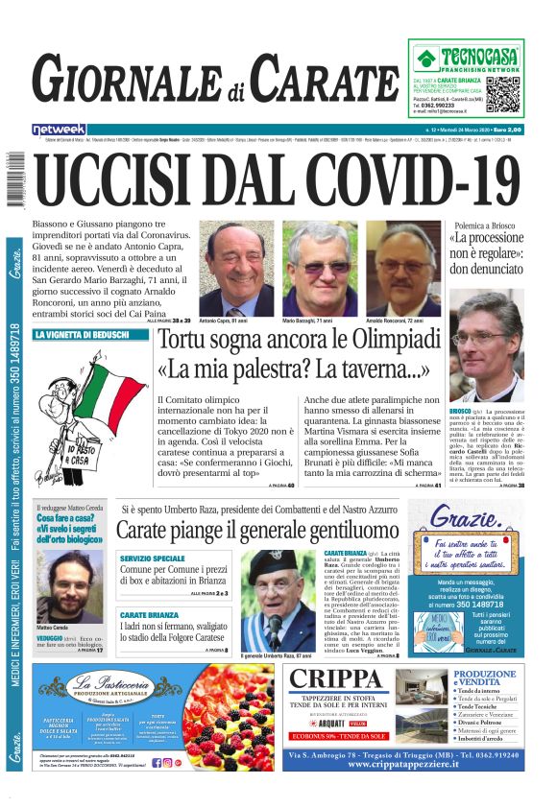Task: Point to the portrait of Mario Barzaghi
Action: (x=319, y=270)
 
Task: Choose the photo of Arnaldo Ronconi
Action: (x=401, y=270)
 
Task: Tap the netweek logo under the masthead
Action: (x=59, y=129)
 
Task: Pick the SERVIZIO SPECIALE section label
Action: (x=153, y=558)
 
